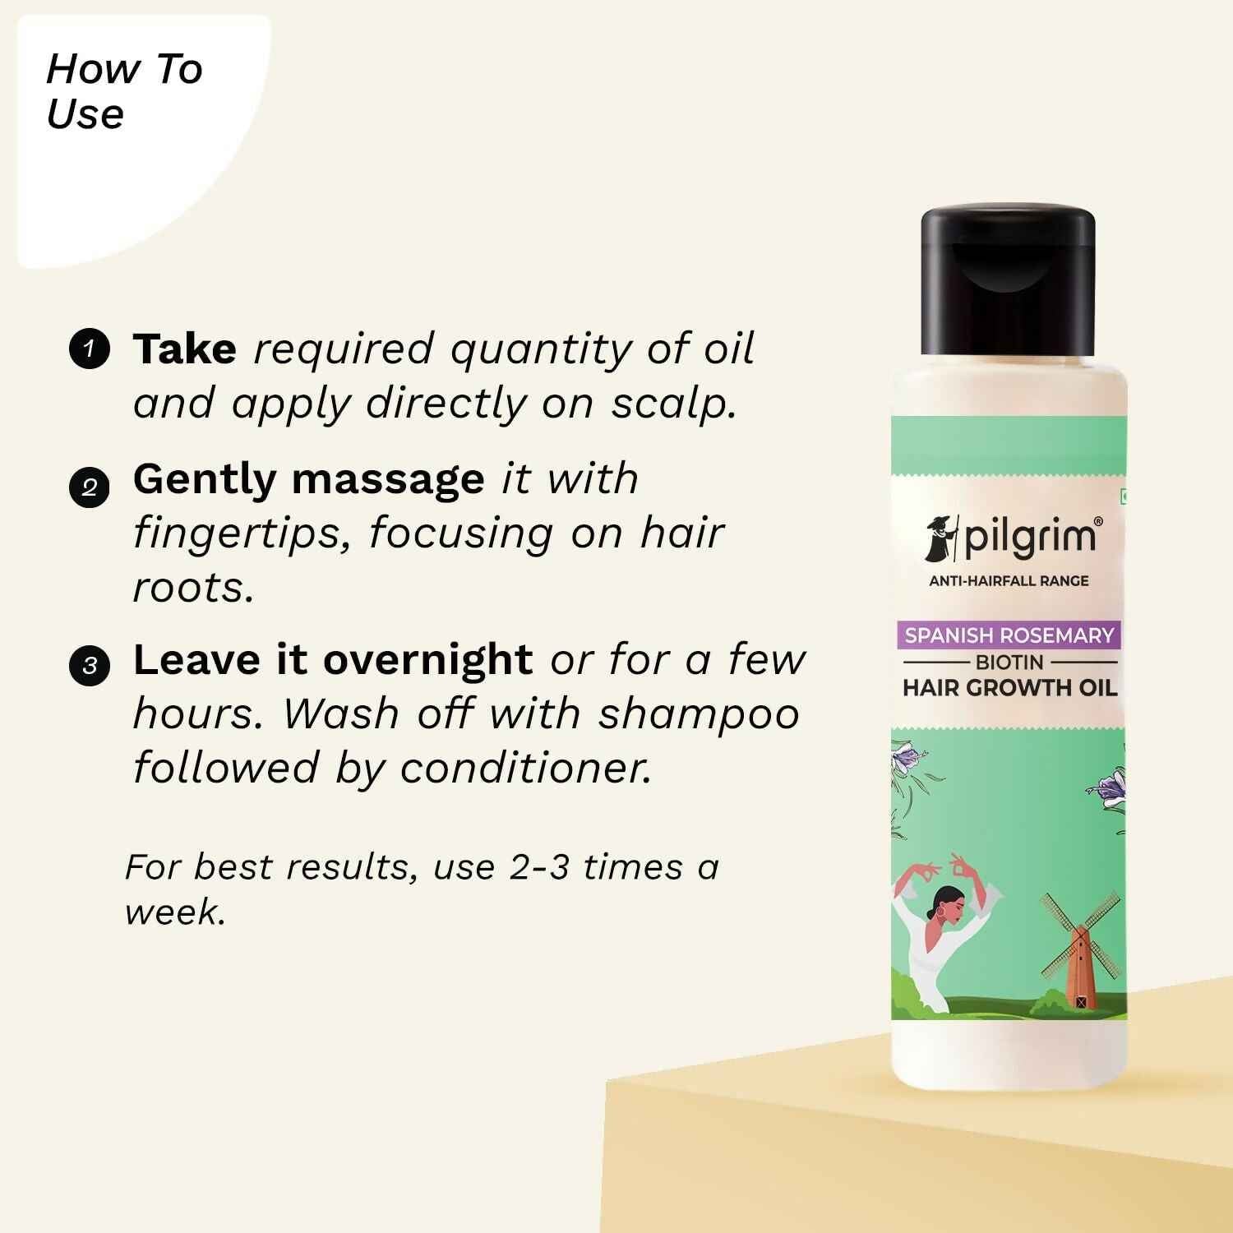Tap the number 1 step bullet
(x=89, y=349)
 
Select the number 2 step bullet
(x=89, y=487)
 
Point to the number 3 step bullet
(x=89, y=665)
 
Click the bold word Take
(x=184, y=349)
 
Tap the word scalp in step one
(x=673, y=404)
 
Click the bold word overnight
(x=427, y=660)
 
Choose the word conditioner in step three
(x=525, y=769)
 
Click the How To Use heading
(x=123, y=91)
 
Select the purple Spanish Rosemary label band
(x=1009, y=635)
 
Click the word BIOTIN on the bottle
(x=1009, y=662)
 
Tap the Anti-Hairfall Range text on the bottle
(x=1009, y=581)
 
